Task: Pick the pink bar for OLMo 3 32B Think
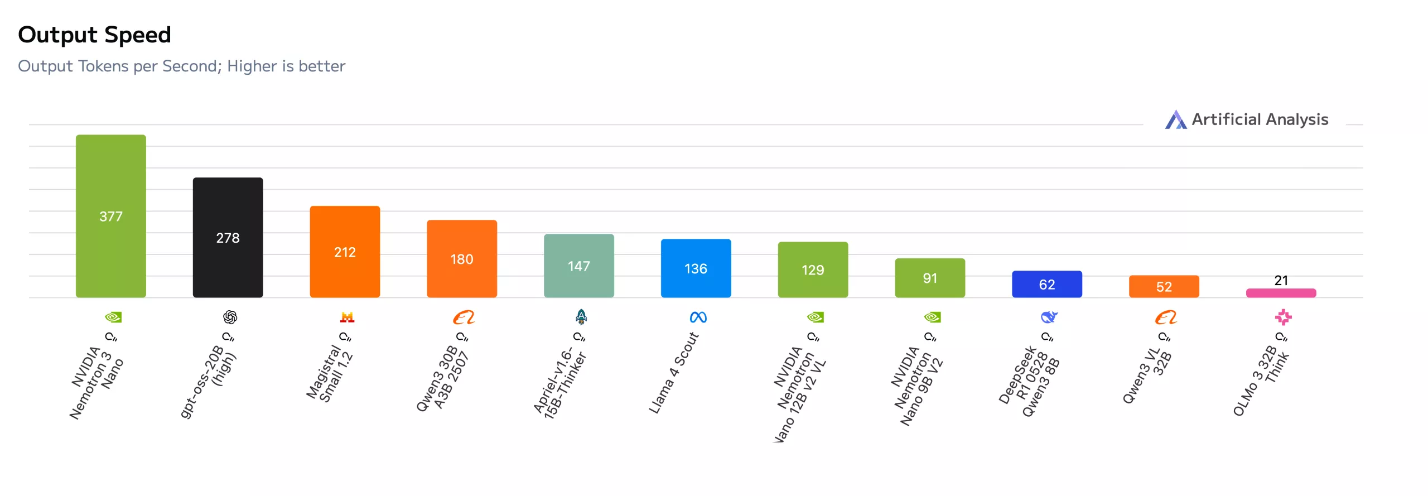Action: click(1281, 293)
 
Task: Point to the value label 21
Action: click(1281, 280)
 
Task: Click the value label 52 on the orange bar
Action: click(1164, 287)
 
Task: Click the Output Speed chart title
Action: click(94, 35)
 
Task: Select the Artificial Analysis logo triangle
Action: click(1176, 119)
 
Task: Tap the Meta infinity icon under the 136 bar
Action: click(698, 317)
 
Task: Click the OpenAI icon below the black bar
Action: click(230, 317)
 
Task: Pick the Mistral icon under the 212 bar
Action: click(347, 317)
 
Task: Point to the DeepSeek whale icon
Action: click(1049, 317)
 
